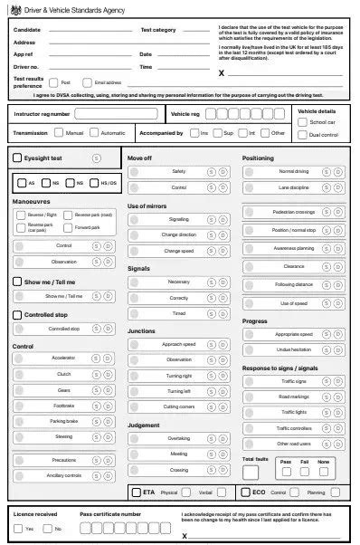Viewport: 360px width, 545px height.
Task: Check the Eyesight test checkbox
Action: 18,158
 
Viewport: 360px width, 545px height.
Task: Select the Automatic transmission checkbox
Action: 95,133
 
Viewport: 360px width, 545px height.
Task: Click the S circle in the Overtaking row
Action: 211,438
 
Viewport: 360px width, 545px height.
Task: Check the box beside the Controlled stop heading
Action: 18,315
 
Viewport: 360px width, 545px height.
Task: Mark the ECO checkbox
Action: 246,493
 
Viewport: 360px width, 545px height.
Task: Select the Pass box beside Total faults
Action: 285,473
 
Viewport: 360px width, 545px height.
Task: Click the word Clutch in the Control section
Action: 64,374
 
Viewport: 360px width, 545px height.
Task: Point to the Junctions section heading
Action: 142,330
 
